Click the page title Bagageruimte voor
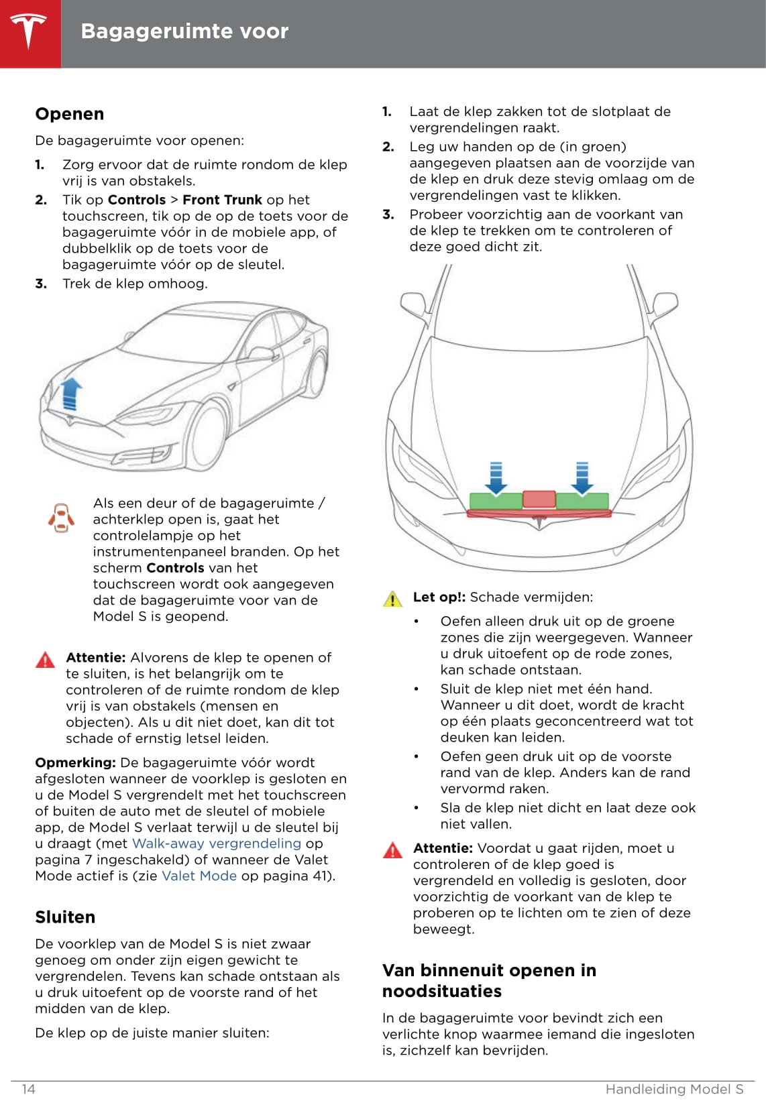pos(184,32)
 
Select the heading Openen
pos(70,114)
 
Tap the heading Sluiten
pos(65,917)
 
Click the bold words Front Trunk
pos(222,200)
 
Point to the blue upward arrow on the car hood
pos(70,394)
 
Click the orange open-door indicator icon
pos(61,518)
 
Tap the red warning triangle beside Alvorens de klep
pos(45,660)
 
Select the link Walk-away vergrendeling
pos(217,843)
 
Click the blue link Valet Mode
pos(199,876)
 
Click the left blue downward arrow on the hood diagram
pos(496,477)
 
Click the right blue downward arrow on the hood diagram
pos(582,477)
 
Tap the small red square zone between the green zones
pos(539,499)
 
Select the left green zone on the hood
pos(495,502)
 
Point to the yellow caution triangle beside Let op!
pos(392,599)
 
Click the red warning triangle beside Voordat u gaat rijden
pos(392,850)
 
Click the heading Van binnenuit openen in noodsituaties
pos(488,980)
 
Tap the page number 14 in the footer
pos(28,1089)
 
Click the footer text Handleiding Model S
pos(674,1089)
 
